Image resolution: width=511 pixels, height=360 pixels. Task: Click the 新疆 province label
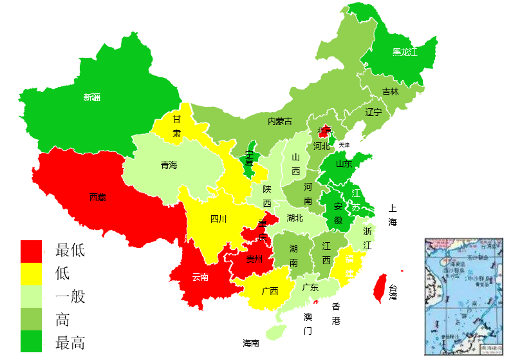[x=92, y=98]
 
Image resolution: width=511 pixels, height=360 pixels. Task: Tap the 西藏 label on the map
[x=98, y=197]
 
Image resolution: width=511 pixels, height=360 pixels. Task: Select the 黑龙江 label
[x=405, y=52]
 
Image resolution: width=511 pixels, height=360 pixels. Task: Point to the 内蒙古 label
[x=280, y=121]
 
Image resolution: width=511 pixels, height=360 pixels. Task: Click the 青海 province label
[x=169, y=165]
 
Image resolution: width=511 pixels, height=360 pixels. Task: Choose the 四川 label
[x=219, y=219]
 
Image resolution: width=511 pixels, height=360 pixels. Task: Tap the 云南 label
[x=200, y=277]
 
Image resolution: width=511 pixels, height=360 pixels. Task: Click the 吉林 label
[x=391, y=91]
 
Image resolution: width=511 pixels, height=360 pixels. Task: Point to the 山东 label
[x=344, y=164]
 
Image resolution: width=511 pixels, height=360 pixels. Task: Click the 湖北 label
[x=295, y=218]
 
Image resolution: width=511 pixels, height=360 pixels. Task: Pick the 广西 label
[x=270, y=290]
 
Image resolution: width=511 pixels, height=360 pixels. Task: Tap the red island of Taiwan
[x=380, y=287]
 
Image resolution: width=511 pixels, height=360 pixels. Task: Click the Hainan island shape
[x=276, y=331]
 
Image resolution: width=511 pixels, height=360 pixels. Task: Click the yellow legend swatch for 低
[x=31, y=273]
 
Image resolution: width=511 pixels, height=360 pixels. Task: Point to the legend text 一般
[x=71, y=296]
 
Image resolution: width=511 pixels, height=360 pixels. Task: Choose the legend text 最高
[x=71, y=342]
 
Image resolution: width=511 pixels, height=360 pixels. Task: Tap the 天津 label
[x=344, y=145]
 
